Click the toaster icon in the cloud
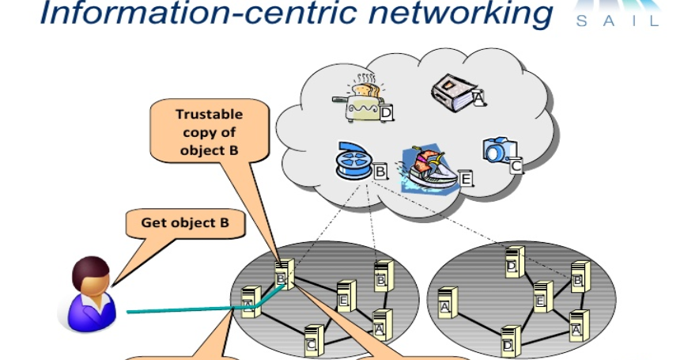click(x=360, y=100)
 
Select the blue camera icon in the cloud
click(x=499, y=150)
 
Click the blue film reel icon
click(x=353, y=162)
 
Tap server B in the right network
click(x=580, y=276)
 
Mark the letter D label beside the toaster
click(x=387, y=116)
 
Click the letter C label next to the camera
click(x=516, y=165)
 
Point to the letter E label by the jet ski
click(x=466, y=180)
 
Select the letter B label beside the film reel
click(x=380, y=169)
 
